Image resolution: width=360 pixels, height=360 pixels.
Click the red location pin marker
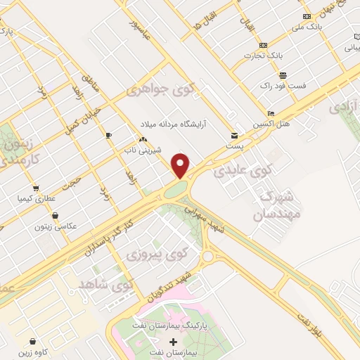(181, 165)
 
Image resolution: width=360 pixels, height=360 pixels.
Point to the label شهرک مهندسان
(266, 203)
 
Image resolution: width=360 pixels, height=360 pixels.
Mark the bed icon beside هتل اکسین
(271, 113)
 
